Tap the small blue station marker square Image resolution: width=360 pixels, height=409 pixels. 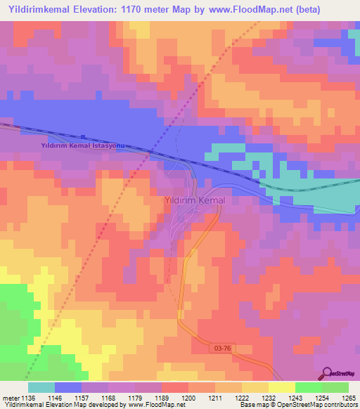[x=83, y=137]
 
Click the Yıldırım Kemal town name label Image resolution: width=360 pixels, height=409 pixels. [x=194, y=201]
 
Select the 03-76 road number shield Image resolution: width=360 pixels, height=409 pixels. [x=220, y=347]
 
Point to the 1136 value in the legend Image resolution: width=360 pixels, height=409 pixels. [x=27, y=398]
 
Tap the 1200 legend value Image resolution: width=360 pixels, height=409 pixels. [x=188, y=398]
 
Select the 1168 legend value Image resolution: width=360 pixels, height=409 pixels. [x=108, y=398]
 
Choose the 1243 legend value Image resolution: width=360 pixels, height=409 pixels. [x=295, y=398]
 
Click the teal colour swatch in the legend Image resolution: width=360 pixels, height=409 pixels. [x=41, y=387]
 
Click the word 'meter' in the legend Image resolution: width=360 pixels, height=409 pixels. [x=9, y=398]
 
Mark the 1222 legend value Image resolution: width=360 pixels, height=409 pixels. [x=241, y=398]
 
